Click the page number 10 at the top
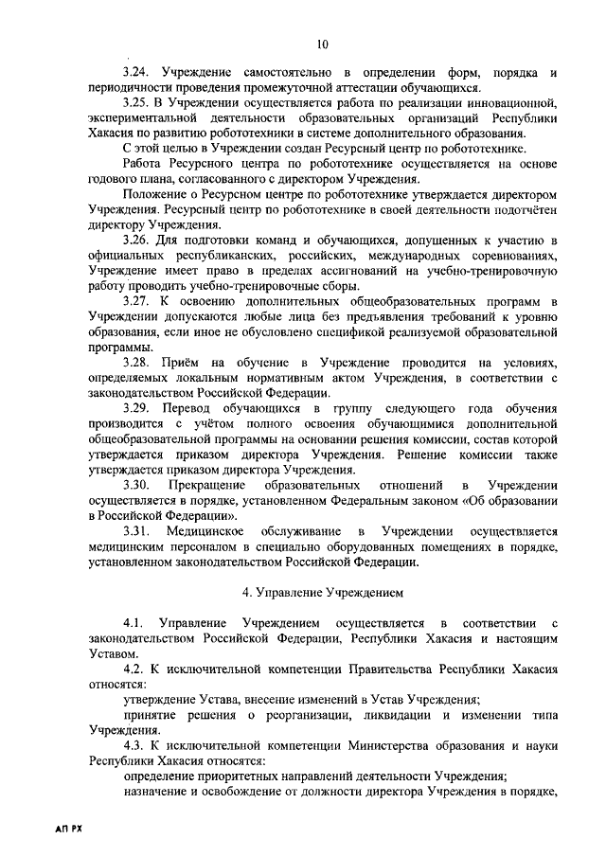click(x=322, y=45)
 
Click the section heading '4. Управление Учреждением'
click(x=322, y=594)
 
